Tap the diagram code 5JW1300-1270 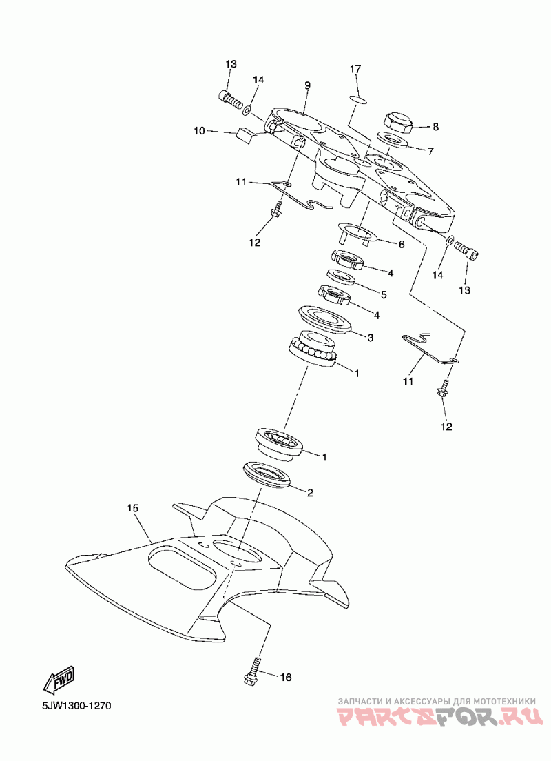[x=76, y=705]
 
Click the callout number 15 [x=133, y=509]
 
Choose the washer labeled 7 [x=391, y=140]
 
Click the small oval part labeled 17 [x=358, y=99]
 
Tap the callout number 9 [x=307, y=86]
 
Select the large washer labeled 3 [x=324, y=319]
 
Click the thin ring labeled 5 [x=341, y=277]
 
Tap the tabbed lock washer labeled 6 [x=358, y=232]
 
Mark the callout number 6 [x=401, y=245]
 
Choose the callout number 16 [x=286, y=677]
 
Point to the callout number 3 [x=370, y=338]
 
